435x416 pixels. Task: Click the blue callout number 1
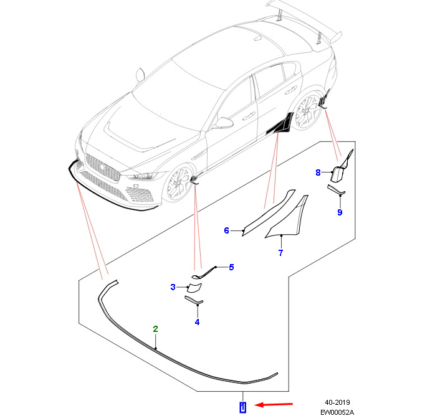[x=243, y=407]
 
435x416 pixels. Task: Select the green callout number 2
[x=155, y=329]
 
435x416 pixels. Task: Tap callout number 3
[x=173, y=287]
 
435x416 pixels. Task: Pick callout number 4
[x=198, y=322]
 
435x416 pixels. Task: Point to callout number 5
[x=231, y=267]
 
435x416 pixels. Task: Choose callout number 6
[x=226, y=230]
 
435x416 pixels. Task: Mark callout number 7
[x=280, y=253]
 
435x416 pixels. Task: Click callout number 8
[x=318, y=173]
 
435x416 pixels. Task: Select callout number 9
[x=340, y=212]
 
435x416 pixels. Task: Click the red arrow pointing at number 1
[x=274, y=405]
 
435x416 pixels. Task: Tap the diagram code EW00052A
[x=337, y=412]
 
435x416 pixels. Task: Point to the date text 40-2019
[x=337, y=402]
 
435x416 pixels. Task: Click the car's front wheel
[x=178, y=183]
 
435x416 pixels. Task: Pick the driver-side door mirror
[x=224, y=123]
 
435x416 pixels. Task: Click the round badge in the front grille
[x=102, y=167]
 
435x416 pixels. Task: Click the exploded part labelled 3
[x=194, y=288]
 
